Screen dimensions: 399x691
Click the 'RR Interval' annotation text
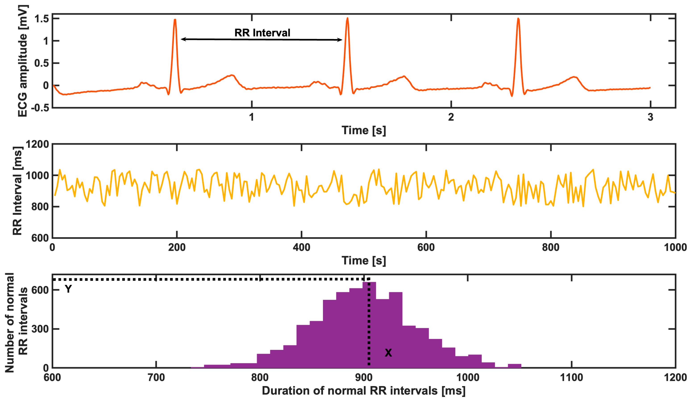[x=262, y=33]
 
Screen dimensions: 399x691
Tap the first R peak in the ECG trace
[x=175, y=21]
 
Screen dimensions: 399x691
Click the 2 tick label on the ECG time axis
[x=451, y=117]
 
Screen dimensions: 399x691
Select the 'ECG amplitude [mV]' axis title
[x=23, y=61]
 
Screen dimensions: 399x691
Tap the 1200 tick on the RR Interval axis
[x=37, y=144]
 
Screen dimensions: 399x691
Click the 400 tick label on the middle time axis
[x=301, y=247]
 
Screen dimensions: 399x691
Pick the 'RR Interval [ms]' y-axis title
[x=17, y=191]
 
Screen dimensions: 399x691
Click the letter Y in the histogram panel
[x=68, y=289]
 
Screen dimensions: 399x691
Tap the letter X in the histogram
[x=388, y=353]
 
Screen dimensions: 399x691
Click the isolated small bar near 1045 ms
[x=514, y=366]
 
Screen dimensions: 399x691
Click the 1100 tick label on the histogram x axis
[x=571, y=378]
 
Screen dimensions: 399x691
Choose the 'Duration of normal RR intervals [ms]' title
[x=363, y=391]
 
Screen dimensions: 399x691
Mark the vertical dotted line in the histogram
[x=369, y=329]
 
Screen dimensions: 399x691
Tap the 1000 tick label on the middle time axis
[x=675, y=247]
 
